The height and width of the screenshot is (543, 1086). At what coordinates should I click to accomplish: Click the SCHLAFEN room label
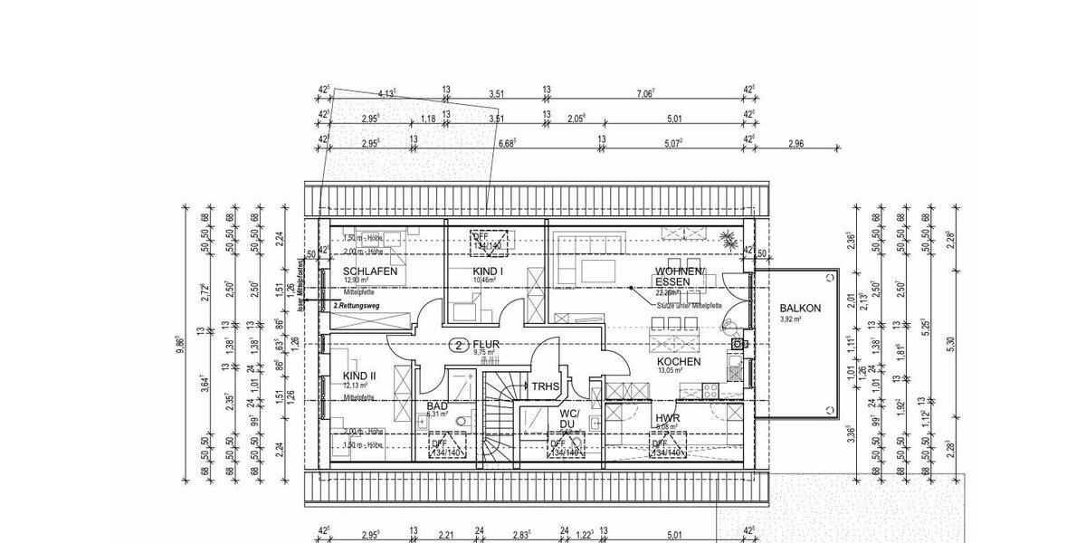[x=370, y=271]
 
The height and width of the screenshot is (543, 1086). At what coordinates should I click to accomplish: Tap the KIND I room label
[x=488, y=271]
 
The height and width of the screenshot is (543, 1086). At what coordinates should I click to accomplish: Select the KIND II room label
[x=359, y=376]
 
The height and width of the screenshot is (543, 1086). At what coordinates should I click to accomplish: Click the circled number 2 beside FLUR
[x=459, y=345]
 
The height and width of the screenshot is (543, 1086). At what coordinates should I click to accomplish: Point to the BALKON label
[x=800, y=308]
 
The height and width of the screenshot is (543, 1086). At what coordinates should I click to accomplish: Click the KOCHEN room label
[x=679, y=361]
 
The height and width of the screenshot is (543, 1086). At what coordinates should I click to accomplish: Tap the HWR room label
[x=668, y=419]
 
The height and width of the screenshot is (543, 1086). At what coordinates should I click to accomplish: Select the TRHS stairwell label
[x=546, y=386]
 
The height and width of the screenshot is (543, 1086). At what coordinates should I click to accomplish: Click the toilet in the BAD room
[x=463, y=422]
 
